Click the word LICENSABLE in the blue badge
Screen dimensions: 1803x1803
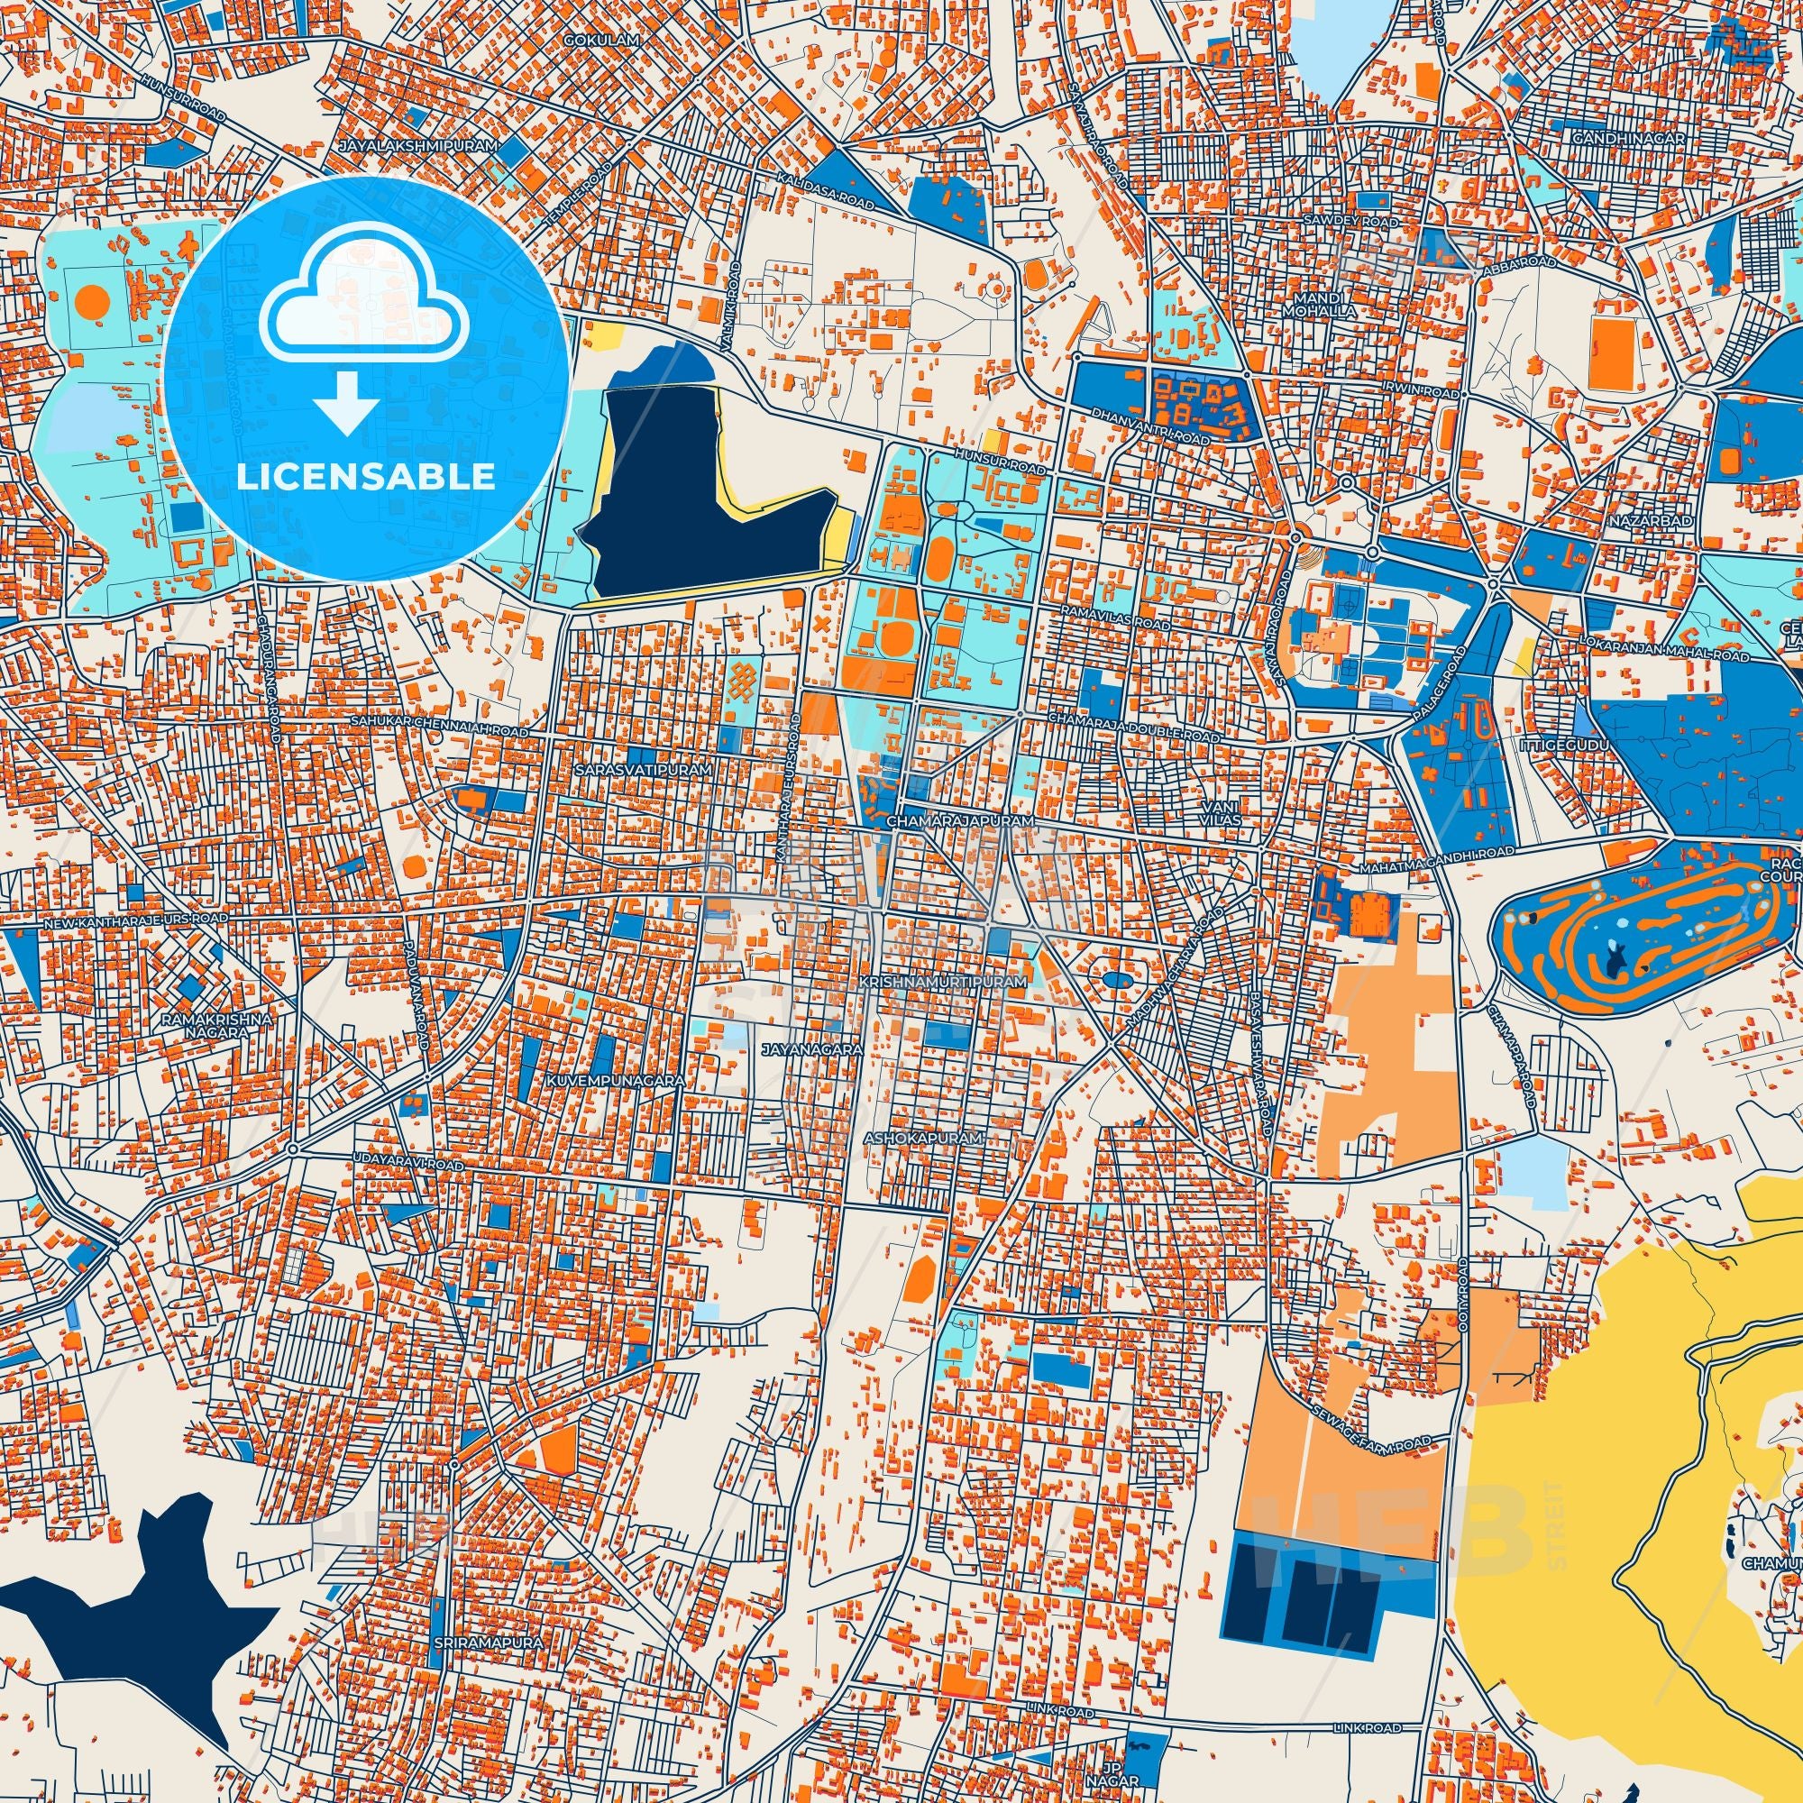coord(365,477)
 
